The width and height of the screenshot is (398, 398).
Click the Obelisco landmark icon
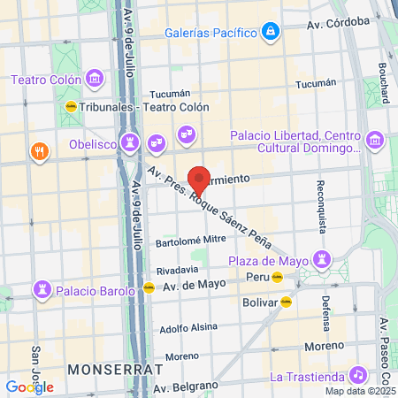coord(131,142)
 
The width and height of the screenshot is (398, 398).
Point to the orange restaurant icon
coord(38,151)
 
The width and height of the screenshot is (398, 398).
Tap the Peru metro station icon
coord(279,277)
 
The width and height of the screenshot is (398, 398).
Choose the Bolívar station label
coord(259,302)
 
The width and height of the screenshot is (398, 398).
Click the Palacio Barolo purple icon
coord(42,289)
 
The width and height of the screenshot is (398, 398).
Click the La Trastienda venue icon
coord(357,375)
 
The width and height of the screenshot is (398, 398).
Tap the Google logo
coord(29,387)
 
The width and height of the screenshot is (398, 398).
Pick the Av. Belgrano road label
coord(185,387)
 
